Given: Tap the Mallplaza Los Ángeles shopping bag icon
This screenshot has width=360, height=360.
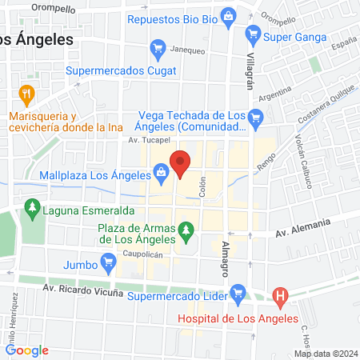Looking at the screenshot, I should pyautogui.click(x=162, y=170).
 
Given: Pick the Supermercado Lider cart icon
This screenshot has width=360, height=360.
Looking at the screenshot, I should pyautogui.click(x=238, y=293).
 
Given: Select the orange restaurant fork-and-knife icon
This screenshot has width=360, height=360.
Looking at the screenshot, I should pyautogui.click(x=26, y=94).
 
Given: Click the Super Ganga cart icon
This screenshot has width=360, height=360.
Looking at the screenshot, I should pyautogui.click(x=254, y=36).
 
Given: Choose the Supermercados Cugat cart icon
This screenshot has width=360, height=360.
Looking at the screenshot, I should pyautogui.click(x=158, y=49).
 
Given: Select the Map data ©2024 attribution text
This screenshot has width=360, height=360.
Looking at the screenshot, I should pyautogui.click(x=323, y=353).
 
